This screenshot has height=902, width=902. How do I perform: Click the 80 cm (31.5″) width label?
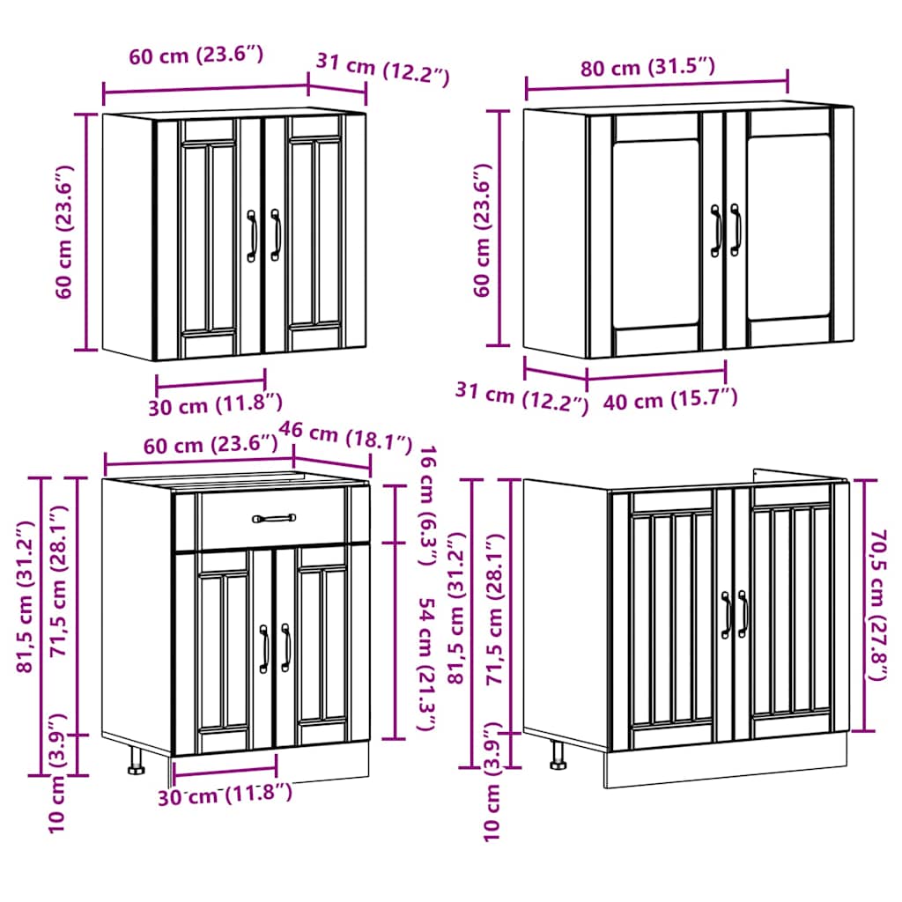[x=647, y=67]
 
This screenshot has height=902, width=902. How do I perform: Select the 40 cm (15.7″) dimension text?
[x=669, y=399]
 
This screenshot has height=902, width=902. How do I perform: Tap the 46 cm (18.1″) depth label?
[x=345, y=434]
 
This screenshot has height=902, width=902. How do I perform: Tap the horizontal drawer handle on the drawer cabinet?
[x=273, y=519]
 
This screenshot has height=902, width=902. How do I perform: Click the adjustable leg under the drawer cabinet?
[x=137, y=761]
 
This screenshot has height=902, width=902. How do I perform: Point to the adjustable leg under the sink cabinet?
[x=558, y=756]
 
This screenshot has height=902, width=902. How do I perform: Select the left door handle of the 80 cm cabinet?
[x=716, y=230]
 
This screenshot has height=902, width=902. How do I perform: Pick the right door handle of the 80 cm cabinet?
[x=736, y=230]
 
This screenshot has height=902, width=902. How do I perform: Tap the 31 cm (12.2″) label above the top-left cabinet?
[x=382, y=70]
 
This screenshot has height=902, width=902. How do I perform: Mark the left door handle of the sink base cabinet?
[x=727, y=614]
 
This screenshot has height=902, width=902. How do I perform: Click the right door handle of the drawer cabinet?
[x=285, y=648]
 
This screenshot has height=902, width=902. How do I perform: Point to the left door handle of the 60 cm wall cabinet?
[x=251, y=235]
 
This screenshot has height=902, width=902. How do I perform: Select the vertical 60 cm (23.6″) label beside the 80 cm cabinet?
[x=482, y=230]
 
